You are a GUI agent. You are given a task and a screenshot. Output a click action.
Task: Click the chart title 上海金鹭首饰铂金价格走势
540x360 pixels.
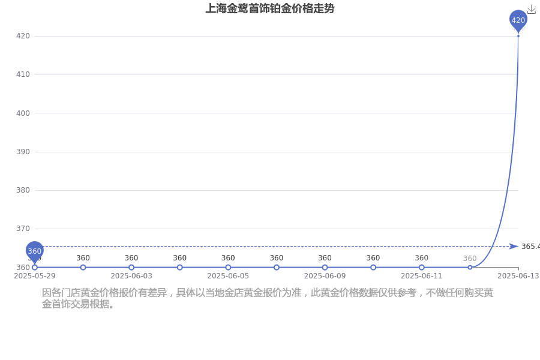point(270,8)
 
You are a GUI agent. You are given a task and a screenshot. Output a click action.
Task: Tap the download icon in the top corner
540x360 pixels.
point(532,10)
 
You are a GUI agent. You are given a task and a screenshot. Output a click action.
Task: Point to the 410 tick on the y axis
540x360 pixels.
point(23,74)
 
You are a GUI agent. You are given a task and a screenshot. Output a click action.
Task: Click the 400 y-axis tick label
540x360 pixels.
point(23,113)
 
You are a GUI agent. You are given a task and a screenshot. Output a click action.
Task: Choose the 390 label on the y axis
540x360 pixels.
point(23,152)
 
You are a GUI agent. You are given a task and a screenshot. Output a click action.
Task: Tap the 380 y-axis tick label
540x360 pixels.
point(23,190)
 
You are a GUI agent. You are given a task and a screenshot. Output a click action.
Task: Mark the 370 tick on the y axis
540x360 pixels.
point(23,229)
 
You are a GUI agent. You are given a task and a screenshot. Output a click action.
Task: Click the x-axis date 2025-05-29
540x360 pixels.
point(34,276)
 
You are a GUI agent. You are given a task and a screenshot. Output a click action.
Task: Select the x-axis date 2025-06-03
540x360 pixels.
point(131,276)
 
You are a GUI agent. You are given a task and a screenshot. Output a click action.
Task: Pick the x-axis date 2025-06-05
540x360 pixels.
point(228,276)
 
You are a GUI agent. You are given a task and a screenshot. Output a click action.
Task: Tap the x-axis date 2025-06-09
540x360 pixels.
point(325,276)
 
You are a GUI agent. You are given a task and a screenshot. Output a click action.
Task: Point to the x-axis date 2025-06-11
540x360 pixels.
point(422,276)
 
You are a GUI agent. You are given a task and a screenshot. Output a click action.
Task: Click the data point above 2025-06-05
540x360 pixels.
point(228,268)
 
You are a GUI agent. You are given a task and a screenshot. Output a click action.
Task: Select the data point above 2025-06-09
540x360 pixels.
point(325,268)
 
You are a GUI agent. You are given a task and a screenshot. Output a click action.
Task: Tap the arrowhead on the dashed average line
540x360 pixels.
point(514,247)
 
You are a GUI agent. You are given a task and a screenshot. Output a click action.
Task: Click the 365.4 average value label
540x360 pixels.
point(531,247)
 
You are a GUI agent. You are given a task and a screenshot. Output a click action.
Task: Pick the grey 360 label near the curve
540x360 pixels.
point(470,259)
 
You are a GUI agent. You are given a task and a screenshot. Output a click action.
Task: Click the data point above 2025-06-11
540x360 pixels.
point(422,268)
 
